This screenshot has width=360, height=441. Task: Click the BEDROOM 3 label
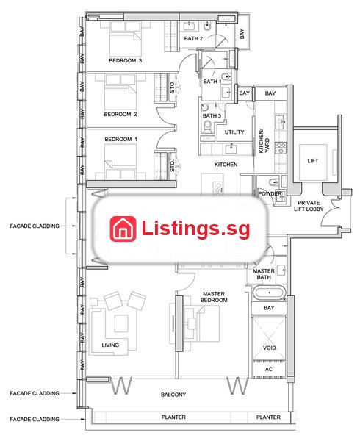[126, 60]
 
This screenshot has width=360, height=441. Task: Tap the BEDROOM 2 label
[120, 114]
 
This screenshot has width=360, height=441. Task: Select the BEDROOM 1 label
[120, 139]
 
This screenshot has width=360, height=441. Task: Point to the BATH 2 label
[193, 38]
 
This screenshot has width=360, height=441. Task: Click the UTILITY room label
[234, 132]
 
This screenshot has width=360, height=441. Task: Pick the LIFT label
[313, 161]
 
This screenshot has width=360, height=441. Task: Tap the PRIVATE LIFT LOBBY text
[309, 206]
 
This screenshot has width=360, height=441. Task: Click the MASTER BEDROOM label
[214, 297]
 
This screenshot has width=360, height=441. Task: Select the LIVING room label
[110, 345]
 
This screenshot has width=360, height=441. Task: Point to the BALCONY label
[173, 395]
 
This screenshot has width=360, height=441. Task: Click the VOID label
[269, 348]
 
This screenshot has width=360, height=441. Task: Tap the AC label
[269, 369]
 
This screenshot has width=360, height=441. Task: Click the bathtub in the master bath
[269, 293]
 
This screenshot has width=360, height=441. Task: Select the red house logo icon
[123, 229]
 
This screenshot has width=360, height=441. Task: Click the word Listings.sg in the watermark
[196, 229]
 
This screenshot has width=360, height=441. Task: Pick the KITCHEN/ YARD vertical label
[264, 141]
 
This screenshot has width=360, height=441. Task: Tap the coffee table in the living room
[121, 323]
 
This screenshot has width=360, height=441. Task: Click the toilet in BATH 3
[207, 126]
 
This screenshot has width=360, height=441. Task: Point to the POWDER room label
[270, 194]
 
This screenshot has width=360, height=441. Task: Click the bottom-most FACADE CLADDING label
[35, 420]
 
